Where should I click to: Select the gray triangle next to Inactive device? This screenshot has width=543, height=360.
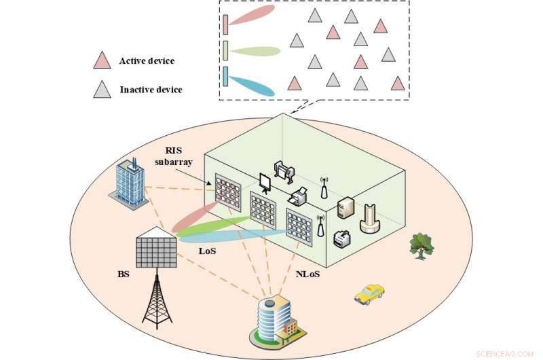point(102,90)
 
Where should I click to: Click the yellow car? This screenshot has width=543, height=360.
point(369,293)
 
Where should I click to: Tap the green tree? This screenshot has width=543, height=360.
point(422,246)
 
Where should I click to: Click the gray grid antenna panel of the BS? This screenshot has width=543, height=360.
point(156,249)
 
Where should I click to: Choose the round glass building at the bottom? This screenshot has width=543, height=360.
point(276,320)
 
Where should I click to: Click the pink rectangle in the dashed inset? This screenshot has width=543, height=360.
point(225,25)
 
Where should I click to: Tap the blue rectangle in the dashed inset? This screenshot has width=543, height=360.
point(225,76)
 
